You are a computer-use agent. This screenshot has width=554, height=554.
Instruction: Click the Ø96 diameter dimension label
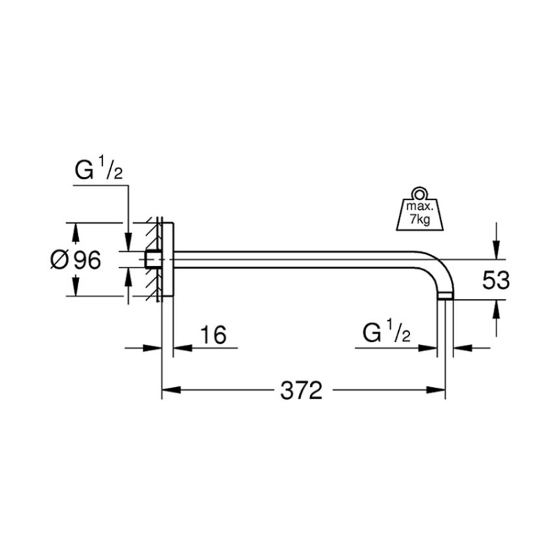tap(76, 260)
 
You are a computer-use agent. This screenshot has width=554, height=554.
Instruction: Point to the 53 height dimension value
tap(495, 280)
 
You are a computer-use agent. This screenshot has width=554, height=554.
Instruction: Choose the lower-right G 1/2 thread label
tap(386, 334)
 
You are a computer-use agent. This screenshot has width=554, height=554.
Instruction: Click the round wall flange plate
tap(168, 260)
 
